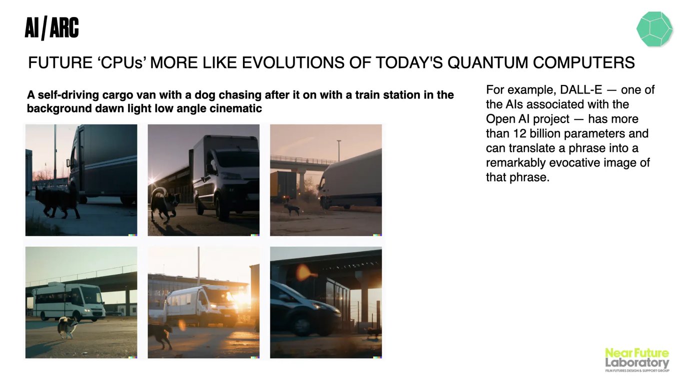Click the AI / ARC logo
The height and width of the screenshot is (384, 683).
coord(51,28)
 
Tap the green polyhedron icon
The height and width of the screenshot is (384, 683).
coord(654,29)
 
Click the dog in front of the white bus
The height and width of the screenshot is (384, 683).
coord(67,327)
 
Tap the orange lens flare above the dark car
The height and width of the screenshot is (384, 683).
coord(304,272)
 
